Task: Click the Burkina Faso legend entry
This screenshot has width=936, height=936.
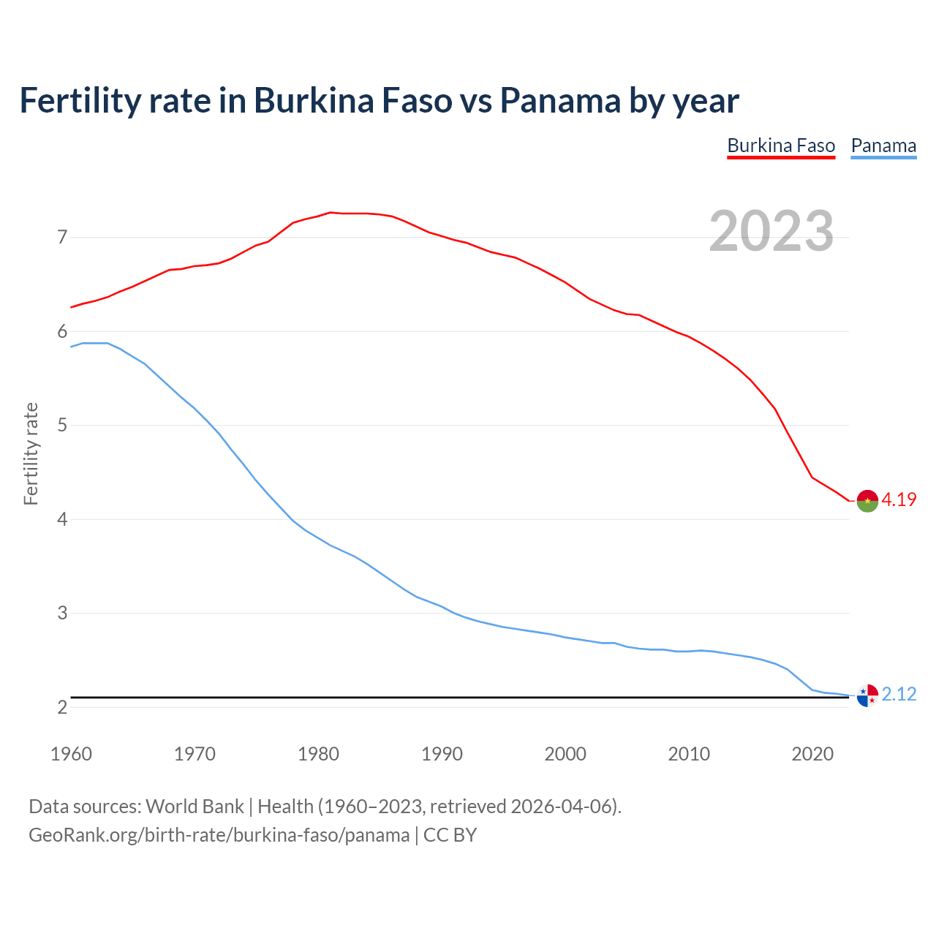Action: coord(781,146)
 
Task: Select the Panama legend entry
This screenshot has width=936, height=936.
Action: coord(883,146)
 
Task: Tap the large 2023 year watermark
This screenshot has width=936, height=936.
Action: coord(771,231)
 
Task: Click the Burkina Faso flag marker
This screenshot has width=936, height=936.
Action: coord(867,501)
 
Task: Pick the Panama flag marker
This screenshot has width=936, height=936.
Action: coord(867,695)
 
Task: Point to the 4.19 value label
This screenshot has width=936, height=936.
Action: coord(899,500)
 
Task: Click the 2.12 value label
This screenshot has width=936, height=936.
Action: coord(899,695)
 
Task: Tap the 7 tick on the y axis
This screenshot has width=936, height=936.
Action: coord(62,238)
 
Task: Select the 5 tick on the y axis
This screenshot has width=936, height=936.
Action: coord(62,426)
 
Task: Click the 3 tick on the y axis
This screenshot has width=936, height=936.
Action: coord(62,614)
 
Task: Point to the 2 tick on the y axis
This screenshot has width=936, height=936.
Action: coord(62,707)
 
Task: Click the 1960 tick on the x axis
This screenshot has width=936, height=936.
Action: coord(71,754)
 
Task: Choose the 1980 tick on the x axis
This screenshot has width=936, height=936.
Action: coord(318,754)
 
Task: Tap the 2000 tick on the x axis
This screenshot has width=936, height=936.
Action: coord(565,754)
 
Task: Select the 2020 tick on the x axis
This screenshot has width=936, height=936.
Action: coord(812,754)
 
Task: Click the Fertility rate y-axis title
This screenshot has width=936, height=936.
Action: coord(31,453)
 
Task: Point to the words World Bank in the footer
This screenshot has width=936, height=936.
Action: coord(195,807)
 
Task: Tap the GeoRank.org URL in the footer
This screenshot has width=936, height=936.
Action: coord(219,835)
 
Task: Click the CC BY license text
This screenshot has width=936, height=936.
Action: coord(450,835)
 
